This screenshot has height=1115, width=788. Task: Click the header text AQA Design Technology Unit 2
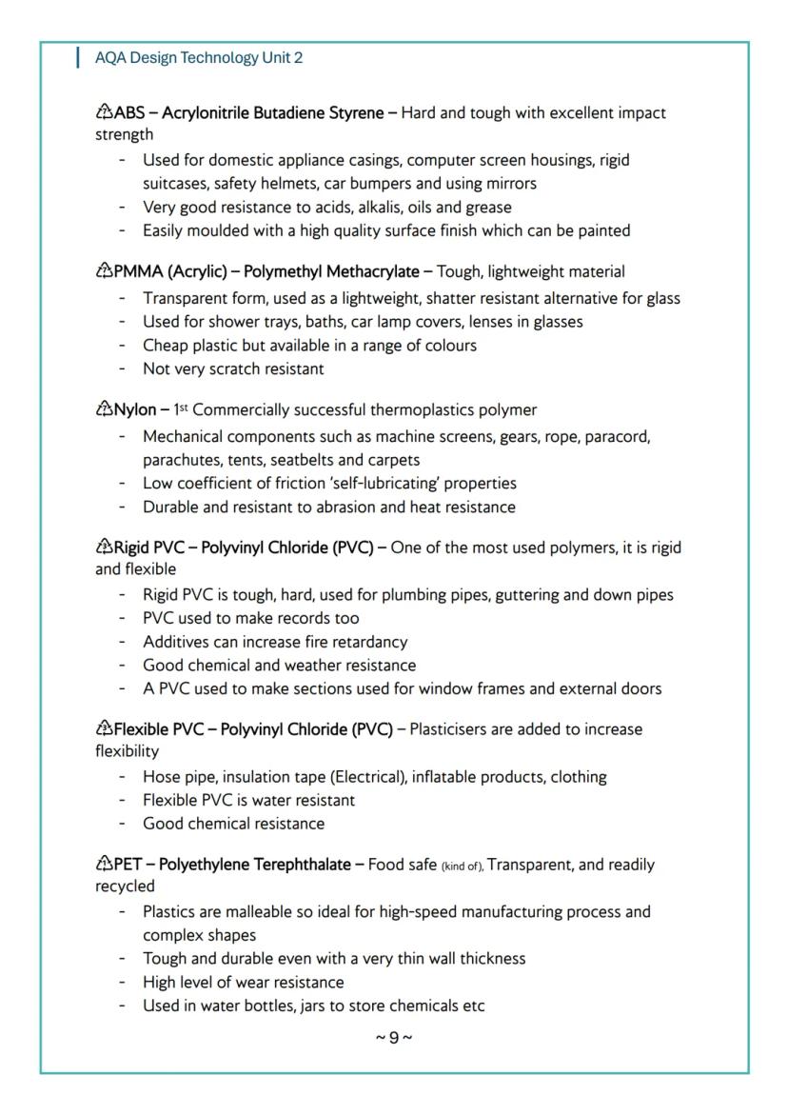[x=199, y=58]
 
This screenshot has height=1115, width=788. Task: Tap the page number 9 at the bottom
[x=394, y=1037]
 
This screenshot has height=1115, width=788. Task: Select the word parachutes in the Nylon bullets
[x=181, y=460]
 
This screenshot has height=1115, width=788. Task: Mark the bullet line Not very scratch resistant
[x=233, y=368]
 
